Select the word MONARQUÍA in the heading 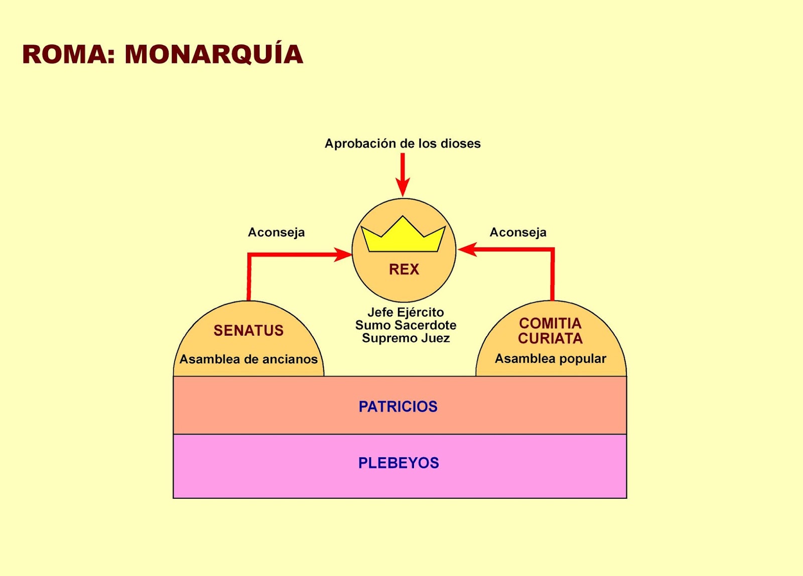click(x=214, y=54)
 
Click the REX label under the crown click(x=404, y=269)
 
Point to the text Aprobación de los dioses click(x=403, y=143)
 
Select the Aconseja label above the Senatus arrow click(x=277, y=232)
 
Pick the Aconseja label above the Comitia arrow click(x=518, y=232)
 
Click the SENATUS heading click(x=248, y=330)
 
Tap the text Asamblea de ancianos click(x=248, y=359)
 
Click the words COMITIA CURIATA click(x=550, y=331)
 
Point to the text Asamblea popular click(x=551, y=359)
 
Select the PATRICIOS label click(x=398, y=406)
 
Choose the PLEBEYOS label click(x=398, y=463)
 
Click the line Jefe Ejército click(x=406, y=312)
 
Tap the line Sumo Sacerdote click(x=406, y=325)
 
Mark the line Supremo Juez click(x=406, y=338)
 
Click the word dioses click(x=460, y=143)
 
